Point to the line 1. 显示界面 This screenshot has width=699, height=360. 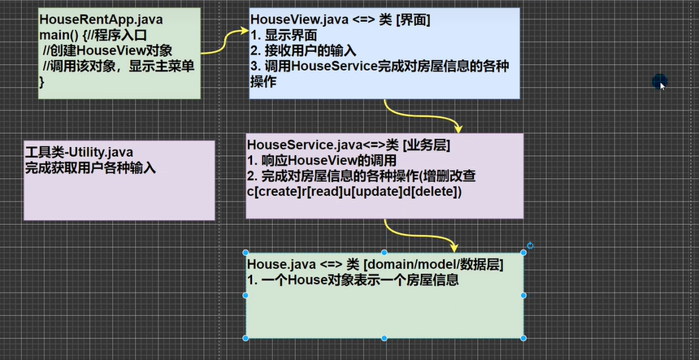284,35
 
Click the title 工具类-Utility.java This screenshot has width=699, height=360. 80,154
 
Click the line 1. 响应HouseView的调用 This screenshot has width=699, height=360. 322,160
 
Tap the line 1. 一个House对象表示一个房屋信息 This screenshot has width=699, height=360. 354,280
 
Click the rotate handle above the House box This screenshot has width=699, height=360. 530,245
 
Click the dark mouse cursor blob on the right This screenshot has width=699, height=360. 659,81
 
